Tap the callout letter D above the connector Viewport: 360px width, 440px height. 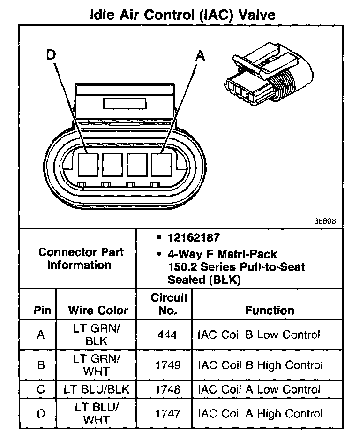coord(51,55)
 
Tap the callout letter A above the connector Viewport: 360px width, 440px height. coord(200,55)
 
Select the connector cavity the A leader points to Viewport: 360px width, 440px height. coord(162,164)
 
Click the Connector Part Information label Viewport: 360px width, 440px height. coord(81,258)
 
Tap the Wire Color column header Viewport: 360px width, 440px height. coord(98,310)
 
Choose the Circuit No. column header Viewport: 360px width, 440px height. coord(169,304)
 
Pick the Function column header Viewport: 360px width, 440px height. coord(270,310)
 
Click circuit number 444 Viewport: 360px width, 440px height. coord(168,335)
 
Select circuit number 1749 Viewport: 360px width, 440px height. coord(168,365)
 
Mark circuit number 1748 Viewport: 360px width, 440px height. coord(168,389)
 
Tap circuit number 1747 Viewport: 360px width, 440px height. coord(168,413)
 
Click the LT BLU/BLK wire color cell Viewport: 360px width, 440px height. coord(96,389)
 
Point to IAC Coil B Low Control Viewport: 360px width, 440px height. coord(259,335)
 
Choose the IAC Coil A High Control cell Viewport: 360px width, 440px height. coord(261,413)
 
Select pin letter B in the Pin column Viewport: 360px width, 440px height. coord(41,365)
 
